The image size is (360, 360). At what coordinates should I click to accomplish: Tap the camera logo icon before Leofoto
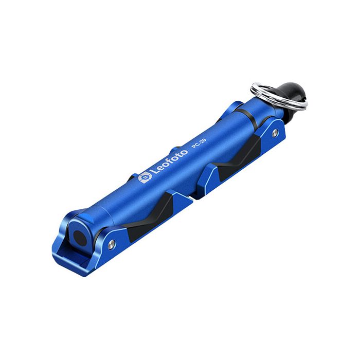(x=144, y=178)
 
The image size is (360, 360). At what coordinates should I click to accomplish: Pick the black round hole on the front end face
(x=78, y=236)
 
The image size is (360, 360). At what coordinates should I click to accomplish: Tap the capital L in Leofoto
(x=152, y=175)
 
